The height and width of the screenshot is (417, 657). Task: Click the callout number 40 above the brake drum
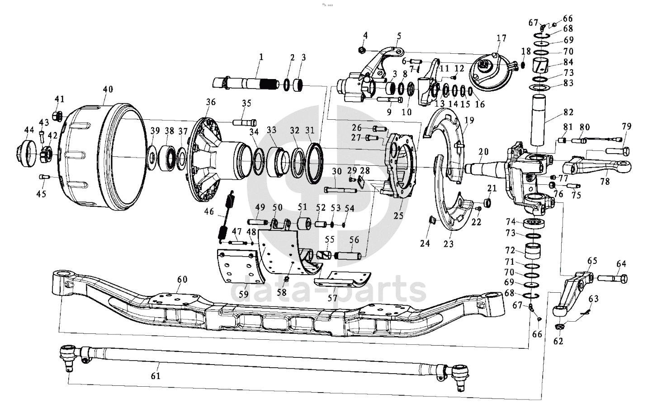(108, 89)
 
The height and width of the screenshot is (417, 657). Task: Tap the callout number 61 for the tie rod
(156, 375)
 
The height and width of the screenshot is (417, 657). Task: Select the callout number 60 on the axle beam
(182, 279)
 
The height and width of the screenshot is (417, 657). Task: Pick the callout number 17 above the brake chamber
(501, 38)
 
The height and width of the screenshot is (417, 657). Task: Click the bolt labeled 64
(612, 278)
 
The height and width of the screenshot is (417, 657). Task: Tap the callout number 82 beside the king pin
(568, 112)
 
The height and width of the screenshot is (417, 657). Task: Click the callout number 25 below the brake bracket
(398, 216)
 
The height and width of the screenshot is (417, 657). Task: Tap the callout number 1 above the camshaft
(261, 57)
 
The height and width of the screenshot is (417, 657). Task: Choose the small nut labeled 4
(362, 50)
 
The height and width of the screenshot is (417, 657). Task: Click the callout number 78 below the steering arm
(605, 182)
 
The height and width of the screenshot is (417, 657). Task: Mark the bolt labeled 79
(617, 151)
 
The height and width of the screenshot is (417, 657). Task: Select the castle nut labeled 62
(559, 327)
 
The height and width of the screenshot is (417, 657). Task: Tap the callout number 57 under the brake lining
(332, 298)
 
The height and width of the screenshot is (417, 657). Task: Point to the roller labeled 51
(304, 224)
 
